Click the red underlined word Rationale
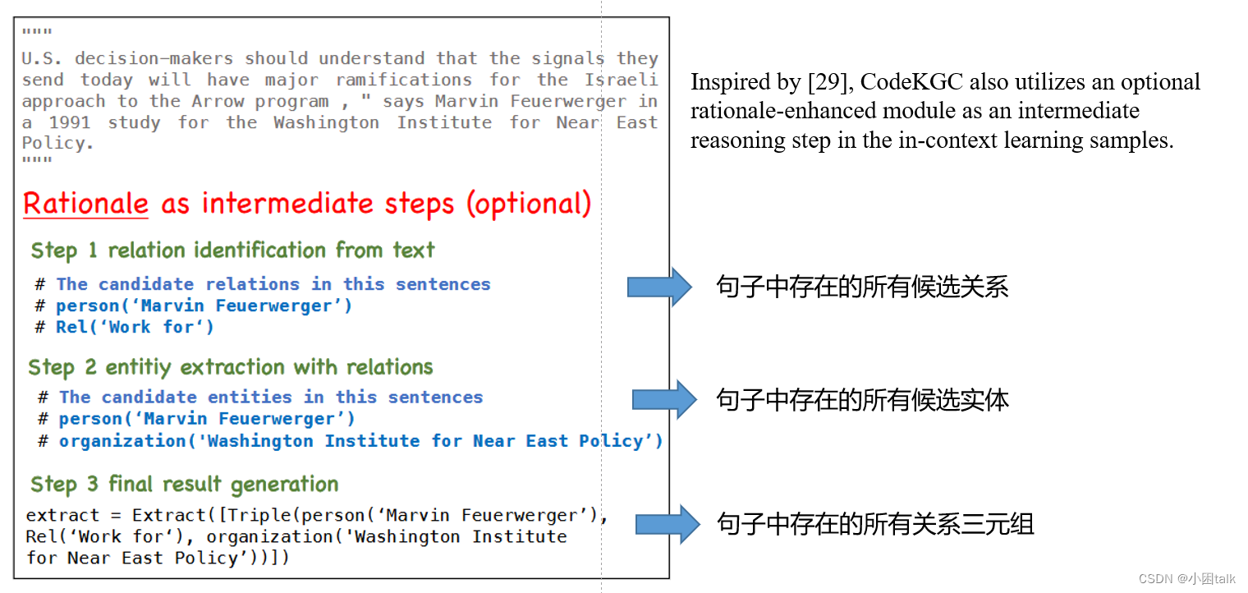click(85, 204)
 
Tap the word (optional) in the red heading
click(529, 204)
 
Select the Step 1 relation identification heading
click(232, 250)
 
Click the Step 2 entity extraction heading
click(231, 367)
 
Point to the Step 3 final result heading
click(184, 485)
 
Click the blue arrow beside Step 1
click(660, 287)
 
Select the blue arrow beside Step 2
click(663, 400)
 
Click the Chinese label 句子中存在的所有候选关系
click(862, 287)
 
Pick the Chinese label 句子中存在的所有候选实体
click(862, 400)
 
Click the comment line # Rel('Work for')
click(125, 327)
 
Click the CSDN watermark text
click(1186, 578)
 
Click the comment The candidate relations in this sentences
click(273, 284)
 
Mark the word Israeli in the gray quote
click(621, 80)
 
